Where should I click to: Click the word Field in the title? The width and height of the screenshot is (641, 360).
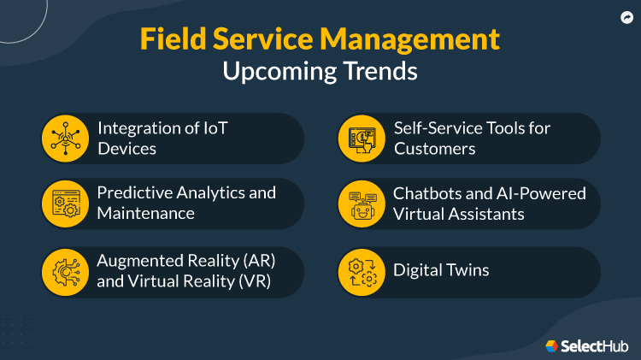[168, 40]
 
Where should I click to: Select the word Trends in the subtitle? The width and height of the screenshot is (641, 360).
[376, 71]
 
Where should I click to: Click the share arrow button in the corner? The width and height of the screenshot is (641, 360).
[626, 15]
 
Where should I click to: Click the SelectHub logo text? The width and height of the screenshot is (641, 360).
[595, 345]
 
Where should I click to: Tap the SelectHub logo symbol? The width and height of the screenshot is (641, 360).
[551, 345]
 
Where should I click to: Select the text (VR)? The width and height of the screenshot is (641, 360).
[255, 281]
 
